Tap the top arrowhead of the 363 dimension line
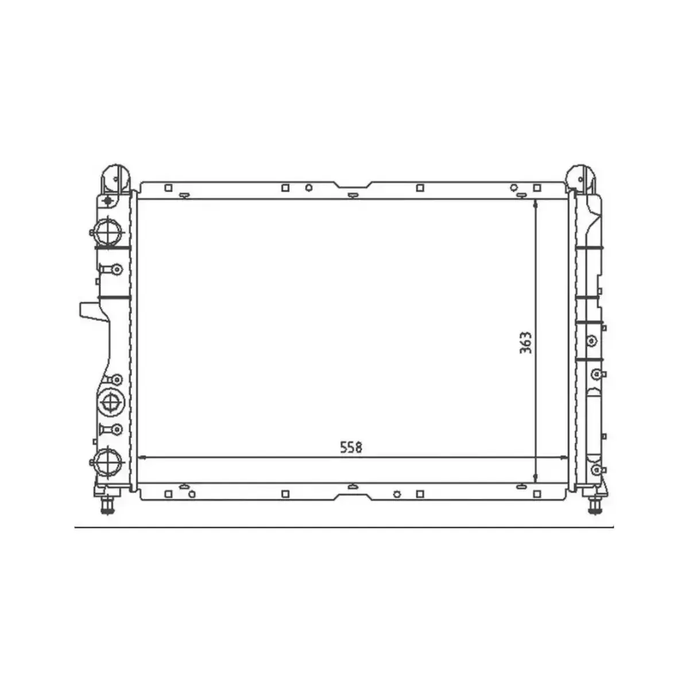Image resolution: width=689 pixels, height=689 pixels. (x=535, y=204)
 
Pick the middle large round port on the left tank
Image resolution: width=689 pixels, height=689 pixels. (x=109, y=401)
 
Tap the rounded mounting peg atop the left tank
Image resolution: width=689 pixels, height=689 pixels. (x=115, y=177)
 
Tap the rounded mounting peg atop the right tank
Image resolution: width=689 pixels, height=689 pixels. (x=581, y=177)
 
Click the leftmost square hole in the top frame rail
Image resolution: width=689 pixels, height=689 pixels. (x=168, y=188)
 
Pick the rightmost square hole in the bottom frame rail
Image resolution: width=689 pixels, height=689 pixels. (x=537, y=493)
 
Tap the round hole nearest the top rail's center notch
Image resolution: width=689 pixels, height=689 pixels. (x=308, y=188)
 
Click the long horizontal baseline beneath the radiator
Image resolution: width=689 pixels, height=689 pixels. (x=344, y=526)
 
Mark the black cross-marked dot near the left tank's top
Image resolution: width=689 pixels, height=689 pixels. (x=107, y=201)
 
